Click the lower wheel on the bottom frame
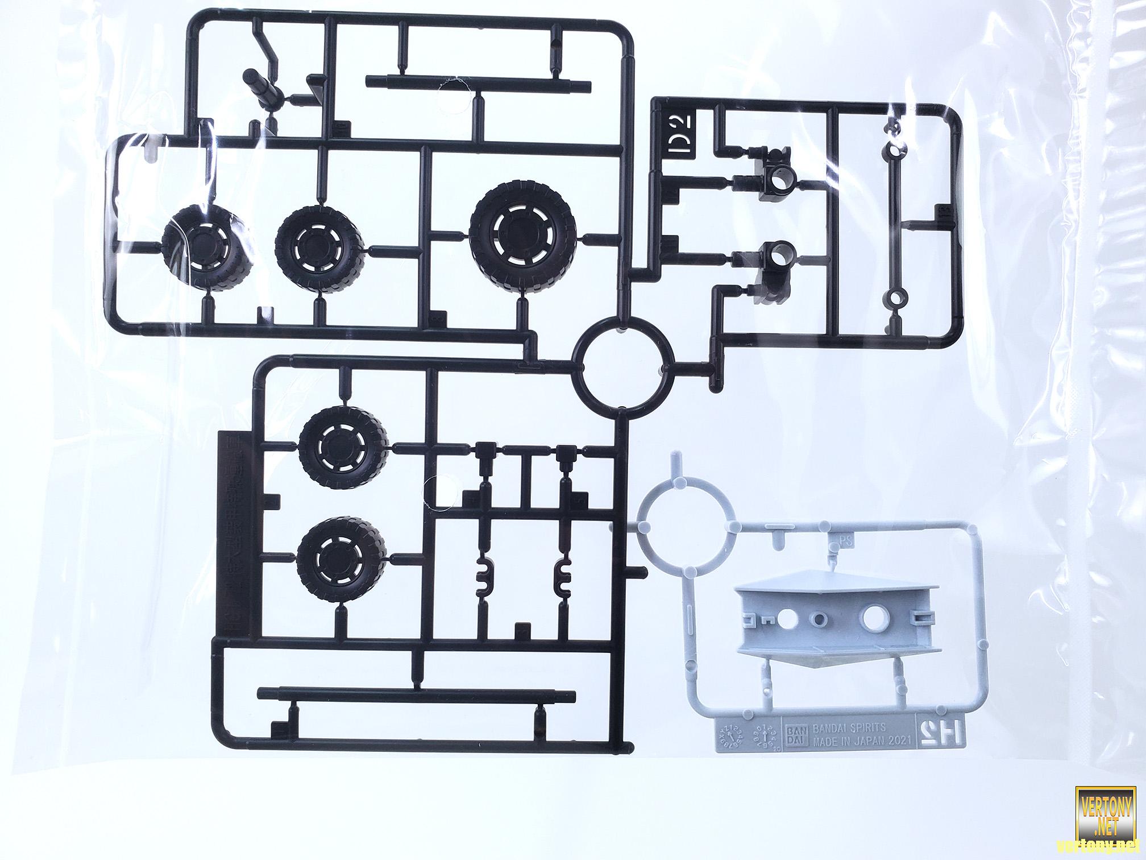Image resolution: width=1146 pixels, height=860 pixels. [341, 557]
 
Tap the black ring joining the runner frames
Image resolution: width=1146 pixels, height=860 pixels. [624, 363]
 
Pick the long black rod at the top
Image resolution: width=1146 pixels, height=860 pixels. [479, 84]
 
